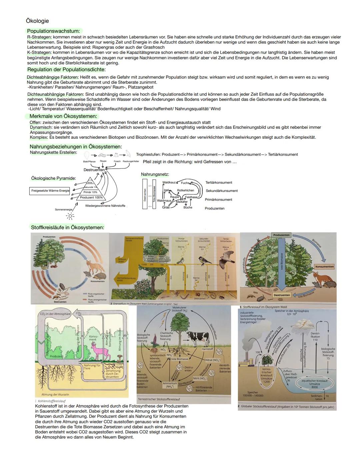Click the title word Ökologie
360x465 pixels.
point(37,21)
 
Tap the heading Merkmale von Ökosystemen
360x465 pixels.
point(63,116)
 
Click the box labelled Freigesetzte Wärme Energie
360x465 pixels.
point(50,191)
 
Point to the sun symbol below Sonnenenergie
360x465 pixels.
point(70,216)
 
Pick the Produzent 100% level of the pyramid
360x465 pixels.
point(91,197)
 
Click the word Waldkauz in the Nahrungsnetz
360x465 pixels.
point(169,182)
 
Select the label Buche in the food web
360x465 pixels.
point(188,207)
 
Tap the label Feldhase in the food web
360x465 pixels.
point(191,197)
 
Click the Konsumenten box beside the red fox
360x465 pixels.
point(324,267)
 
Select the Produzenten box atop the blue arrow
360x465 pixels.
point(281,235)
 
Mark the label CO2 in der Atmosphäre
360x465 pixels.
point(55,314)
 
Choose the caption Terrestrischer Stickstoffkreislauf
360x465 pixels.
point(159,399)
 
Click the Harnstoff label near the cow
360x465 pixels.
point(207,349)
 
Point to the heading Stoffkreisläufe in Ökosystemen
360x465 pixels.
point(67,227)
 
